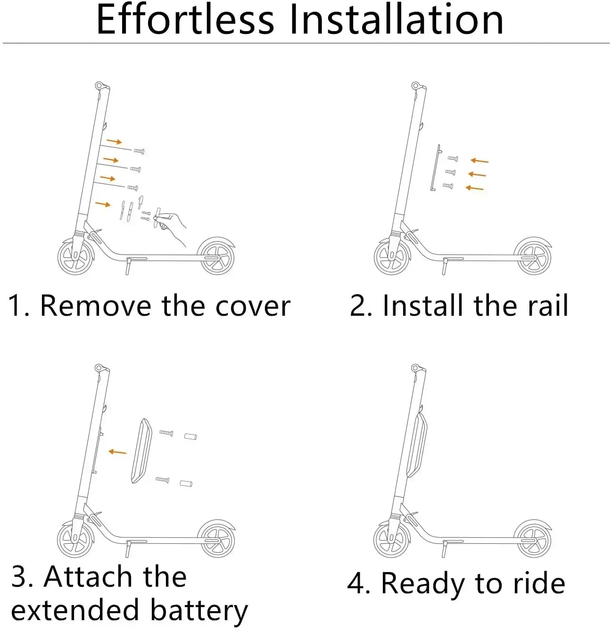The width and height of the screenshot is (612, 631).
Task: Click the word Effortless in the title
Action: point(185,20)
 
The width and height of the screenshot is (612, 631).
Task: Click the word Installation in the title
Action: point(396,20)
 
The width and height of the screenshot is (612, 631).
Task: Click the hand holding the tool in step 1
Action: point(172,225)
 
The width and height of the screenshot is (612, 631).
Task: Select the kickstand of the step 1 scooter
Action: point(128,266)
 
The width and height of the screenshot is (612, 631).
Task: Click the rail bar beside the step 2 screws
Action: point(434,168)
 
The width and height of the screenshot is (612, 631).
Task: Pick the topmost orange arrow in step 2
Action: point(480,161)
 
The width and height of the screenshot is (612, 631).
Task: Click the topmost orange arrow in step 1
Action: point(114,141)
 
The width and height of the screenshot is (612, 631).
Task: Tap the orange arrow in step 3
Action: point(117,452)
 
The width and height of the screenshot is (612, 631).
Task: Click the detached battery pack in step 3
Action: point(141,451)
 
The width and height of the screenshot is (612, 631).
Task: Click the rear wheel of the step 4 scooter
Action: point(533,540)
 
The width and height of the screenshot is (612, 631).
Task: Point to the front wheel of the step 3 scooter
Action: point(75,540)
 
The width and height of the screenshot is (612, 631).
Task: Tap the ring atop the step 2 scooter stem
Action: point(415,86)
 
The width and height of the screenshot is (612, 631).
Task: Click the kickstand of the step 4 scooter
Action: point(444,549)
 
